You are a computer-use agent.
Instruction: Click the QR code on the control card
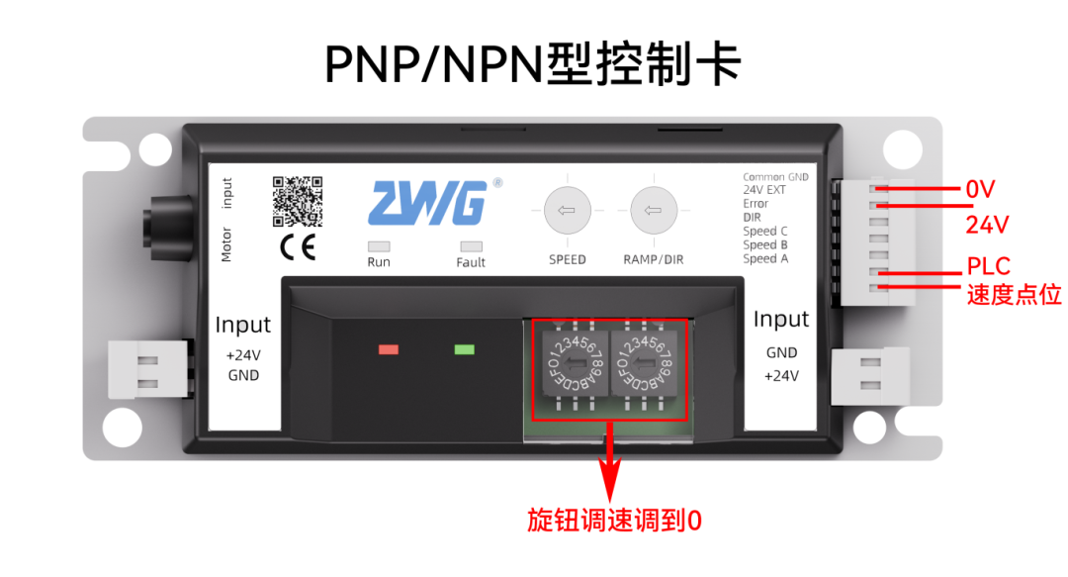click(x=298, y=200)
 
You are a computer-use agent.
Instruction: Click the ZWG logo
click(x=427, y=203)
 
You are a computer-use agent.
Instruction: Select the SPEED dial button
click(x=568, y=211)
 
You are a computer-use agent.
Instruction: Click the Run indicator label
click(x=378, y=262)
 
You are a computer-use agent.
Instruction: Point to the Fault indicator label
click(x=471, y=262)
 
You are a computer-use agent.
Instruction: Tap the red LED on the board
click(x=389, y=349)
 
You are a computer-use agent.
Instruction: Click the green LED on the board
click(x=464, y=349)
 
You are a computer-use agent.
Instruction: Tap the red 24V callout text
click(x=987, y=226)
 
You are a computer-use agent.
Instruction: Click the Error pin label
click(x=756, y=204)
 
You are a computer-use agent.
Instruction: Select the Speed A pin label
click(x=765, y=258)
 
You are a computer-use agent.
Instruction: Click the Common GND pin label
click(x=775, y=177)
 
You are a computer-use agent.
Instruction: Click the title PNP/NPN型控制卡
click(x=533, y=64)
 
